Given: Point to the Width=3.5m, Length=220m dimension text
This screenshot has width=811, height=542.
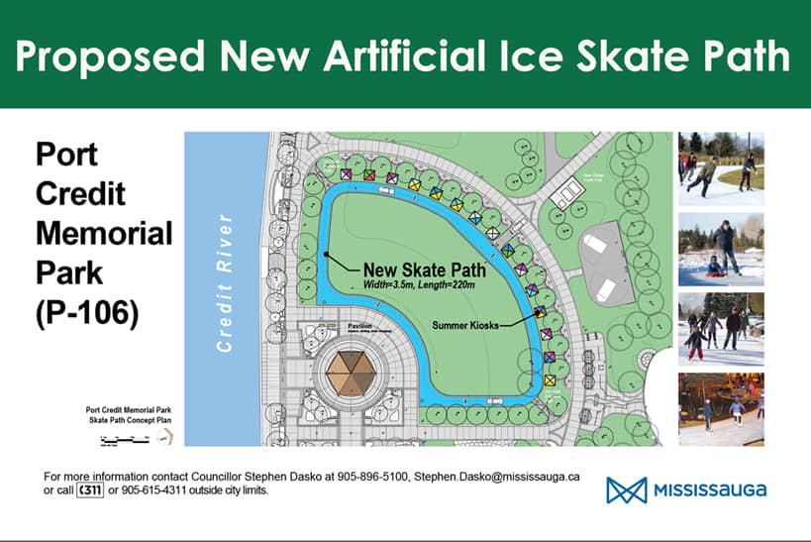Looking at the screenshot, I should pos(419,286).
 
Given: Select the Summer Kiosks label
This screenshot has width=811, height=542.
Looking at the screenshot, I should pos(464,324).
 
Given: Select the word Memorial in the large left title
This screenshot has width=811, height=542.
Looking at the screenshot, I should pos(103,234).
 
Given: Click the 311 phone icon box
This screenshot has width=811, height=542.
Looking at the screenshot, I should pos(89,489).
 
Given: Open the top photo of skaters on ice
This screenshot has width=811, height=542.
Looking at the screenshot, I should pos(721,167).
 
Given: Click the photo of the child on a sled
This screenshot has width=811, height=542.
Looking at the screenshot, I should pos(721,248).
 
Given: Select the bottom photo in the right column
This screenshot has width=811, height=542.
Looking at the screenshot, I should pos(721,408).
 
